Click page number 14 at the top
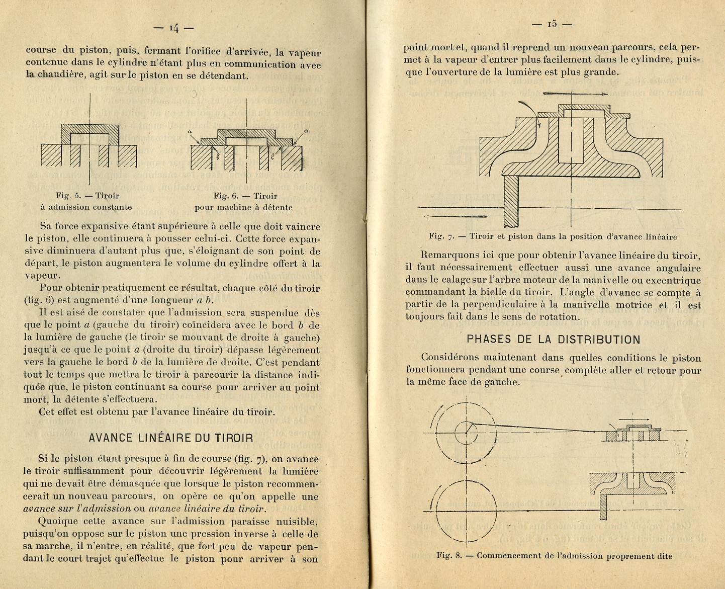tap(173, 28)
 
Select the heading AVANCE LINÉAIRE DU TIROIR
tap(171, 438)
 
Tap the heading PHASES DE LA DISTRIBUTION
tap(554, 339)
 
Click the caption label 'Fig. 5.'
tap(67, 196)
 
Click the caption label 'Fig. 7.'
tap(441, 236)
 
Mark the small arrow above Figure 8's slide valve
tap(632, 418)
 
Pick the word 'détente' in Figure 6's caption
tap(277, 207)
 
